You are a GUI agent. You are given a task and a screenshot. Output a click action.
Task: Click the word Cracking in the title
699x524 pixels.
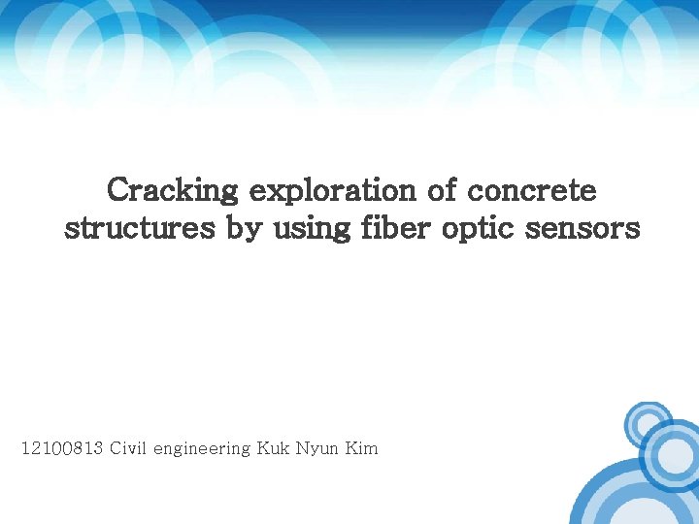(x=174, y=190)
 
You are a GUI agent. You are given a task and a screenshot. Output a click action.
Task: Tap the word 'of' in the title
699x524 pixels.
(x=443, y=190)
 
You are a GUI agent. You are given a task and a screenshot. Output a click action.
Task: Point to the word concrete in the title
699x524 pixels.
(x=533, y=190)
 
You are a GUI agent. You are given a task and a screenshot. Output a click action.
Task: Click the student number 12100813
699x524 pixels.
(x=62, y=448)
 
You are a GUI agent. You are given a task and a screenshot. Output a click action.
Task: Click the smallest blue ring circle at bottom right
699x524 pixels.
(x=646, y=423)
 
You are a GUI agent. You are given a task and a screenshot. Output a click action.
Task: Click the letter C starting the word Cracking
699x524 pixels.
(x=118, y=190)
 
